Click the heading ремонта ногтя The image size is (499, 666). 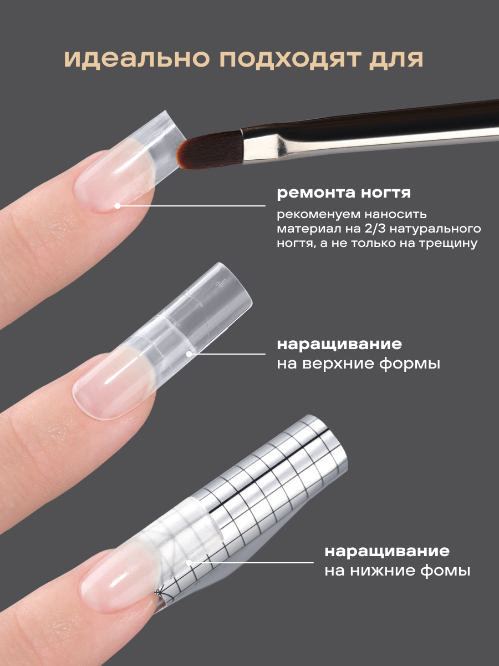pyautogui.click(x=344, y=193)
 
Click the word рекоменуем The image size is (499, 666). pyautogui.click(x=315, y=215)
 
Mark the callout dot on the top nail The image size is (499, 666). pyautogui.click(x=117, y=206)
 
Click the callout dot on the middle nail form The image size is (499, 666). pyautogui.click(x=189, y=354)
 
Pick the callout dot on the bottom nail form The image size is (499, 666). pyautogui.click(x=189, y=563)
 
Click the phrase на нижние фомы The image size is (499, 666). pyautogui.click(x=398, y=571)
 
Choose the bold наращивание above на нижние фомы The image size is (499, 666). pyautogui.click(x=387, y=551)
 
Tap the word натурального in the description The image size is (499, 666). pyautogui.click(x=435, y=229)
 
